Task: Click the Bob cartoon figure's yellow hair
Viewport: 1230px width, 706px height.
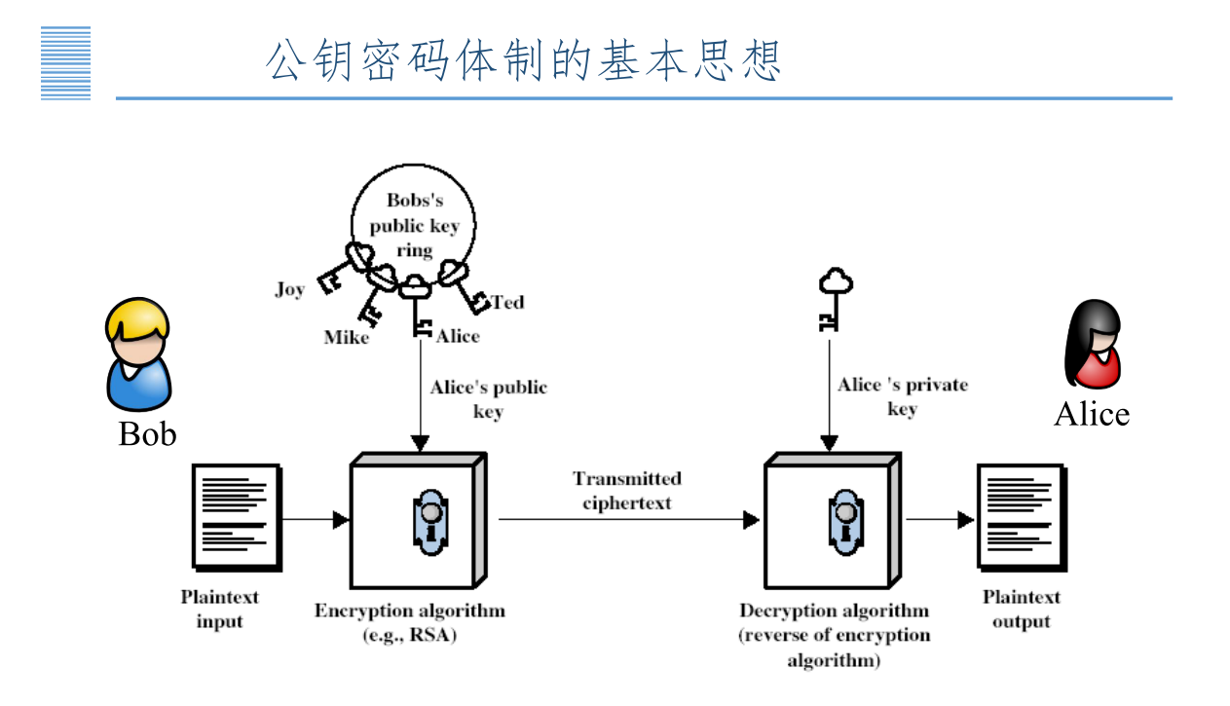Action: (x=137, y=319)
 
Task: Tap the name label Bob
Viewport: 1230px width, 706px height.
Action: (x=147, y=433)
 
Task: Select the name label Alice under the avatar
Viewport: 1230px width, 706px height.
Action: (x=1092, y=414)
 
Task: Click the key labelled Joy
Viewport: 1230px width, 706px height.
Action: (x=341, y=273)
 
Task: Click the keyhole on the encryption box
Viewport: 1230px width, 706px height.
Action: (x=429, y=522)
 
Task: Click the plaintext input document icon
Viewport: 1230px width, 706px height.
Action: (x=237, y=517)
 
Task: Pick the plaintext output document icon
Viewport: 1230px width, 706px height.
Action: (x=1020, y=517)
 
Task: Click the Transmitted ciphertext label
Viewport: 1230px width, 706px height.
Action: (x=627, y=491)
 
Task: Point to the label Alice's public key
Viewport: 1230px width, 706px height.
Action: (x=488, y=398)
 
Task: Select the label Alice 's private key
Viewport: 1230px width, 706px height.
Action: (x=903, y=396)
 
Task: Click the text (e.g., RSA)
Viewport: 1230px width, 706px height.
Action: (x=409, y=636)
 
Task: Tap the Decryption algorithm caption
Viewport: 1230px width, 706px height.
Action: (x=834, y=612)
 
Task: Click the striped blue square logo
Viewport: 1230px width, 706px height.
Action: (x=66, y=63)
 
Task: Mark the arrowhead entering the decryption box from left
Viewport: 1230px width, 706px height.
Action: (x=751, y=520)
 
